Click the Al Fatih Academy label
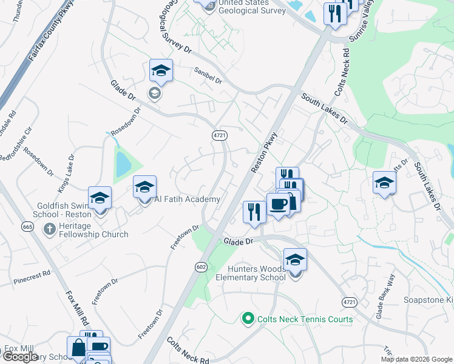coord(187,199)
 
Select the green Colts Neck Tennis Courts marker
coord(247,318)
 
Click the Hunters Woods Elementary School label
coord(250,273)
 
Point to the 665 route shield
coord(27,226)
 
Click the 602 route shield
coord(202,266)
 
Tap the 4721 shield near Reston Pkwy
coord(220,136)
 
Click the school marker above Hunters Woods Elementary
coord(295,260)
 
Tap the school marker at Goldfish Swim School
coord(100,198)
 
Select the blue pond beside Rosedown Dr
coord(123,163)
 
